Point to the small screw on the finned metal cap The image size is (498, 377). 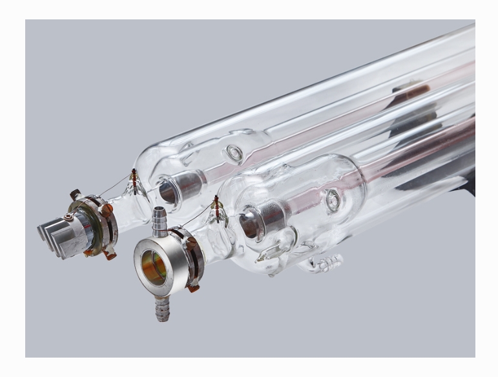tap(68, 217)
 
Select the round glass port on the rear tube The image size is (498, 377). tap(234, 153)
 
